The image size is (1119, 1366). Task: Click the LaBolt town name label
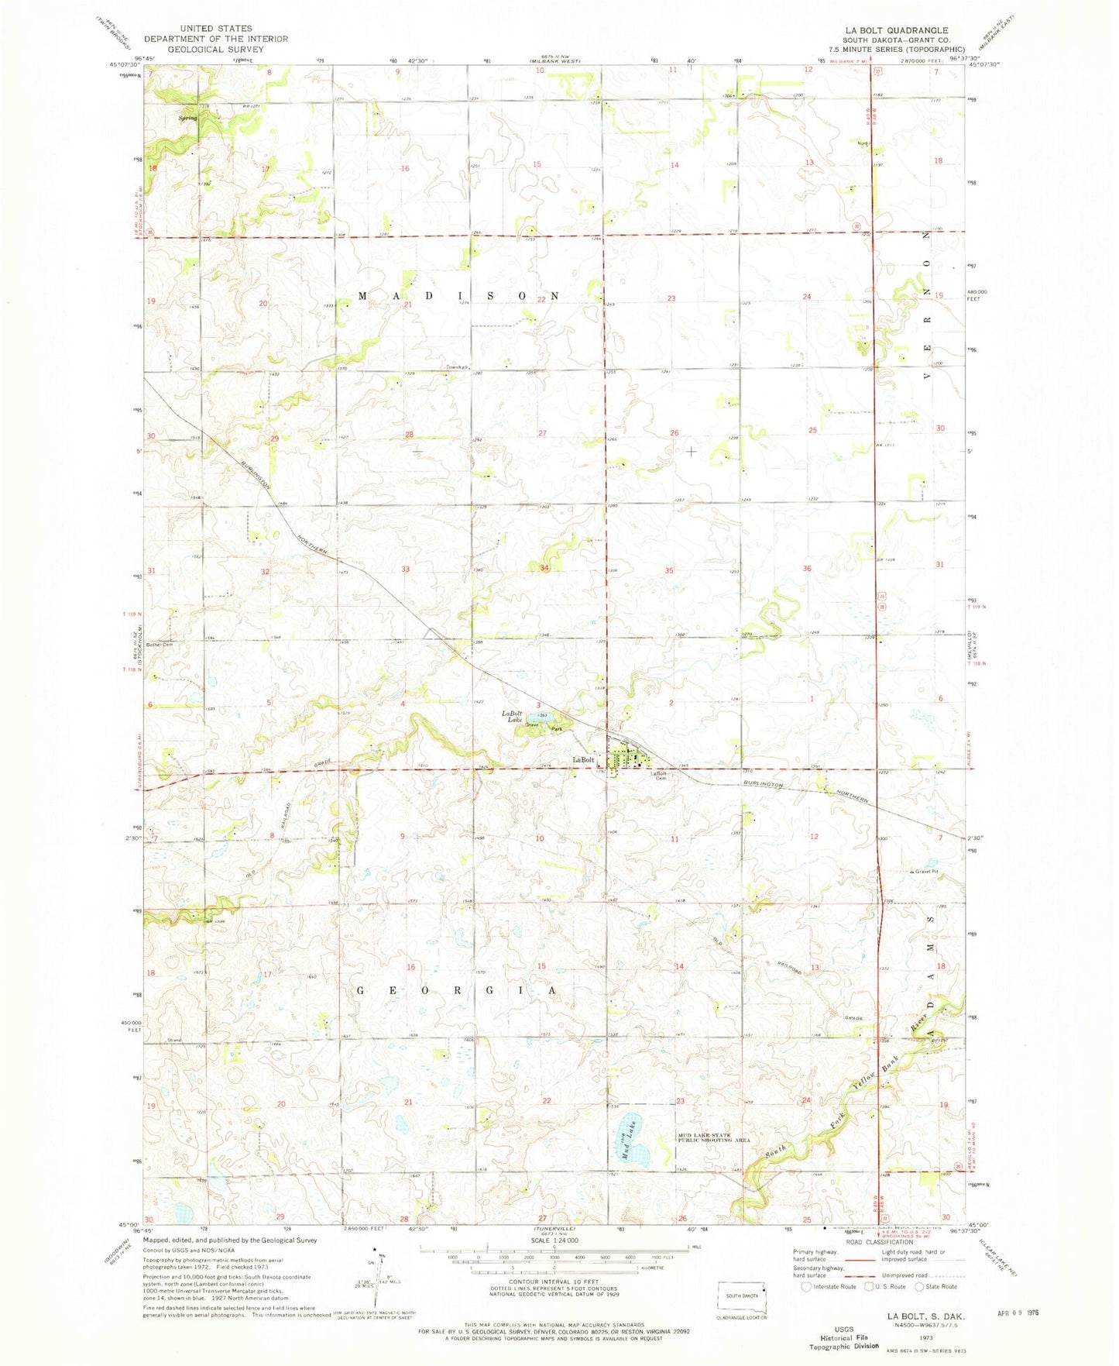point(582,759)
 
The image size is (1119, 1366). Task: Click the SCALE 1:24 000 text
point(553,1240)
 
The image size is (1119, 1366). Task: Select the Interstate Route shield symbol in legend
point(808,1287)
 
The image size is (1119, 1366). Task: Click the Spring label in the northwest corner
point(187,119)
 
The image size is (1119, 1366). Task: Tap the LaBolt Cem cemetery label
point(659,776)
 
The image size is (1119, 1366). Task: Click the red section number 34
point(544,569)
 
